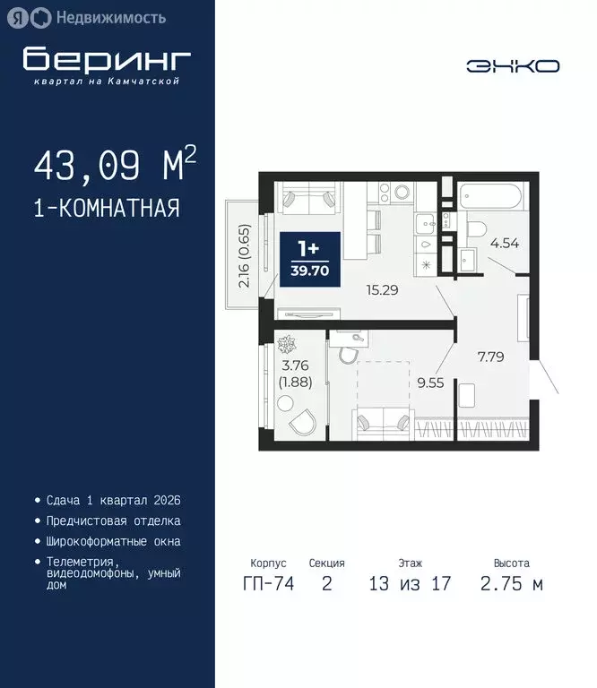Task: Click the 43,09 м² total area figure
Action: point(114,165)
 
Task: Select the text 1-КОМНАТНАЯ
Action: point(107,209)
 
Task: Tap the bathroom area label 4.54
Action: point(504,242)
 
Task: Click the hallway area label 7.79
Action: point(491,356)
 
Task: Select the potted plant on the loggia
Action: point(288,344)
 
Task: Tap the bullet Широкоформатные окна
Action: point(113,541)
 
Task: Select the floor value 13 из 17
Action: point(410,585)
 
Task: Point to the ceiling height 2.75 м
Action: point(512,585)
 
